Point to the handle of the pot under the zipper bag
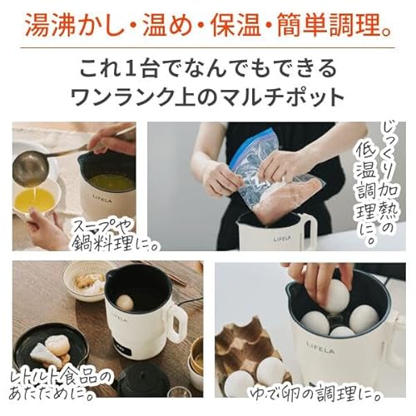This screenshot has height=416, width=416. (x=309, y=230)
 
